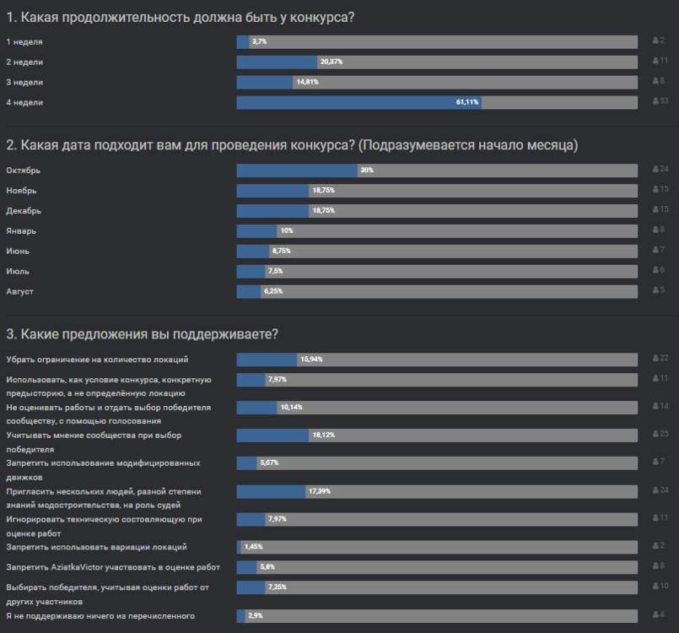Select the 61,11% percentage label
tap(468, 102)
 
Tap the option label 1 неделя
tap(24, 41)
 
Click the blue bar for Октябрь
tap(297, 170)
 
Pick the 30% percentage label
tap(367, 170)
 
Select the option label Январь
tap(22, 230)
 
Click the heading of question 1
tap(180, 16)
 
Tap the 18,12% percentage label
tap(323, 436)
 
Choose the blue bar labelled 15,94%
tap(267, 360)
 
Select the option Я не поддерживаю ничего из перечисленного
tap(100, 615)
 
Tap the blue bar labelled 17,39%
tap(271, 491)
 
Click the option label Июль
tap(18, 271)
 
